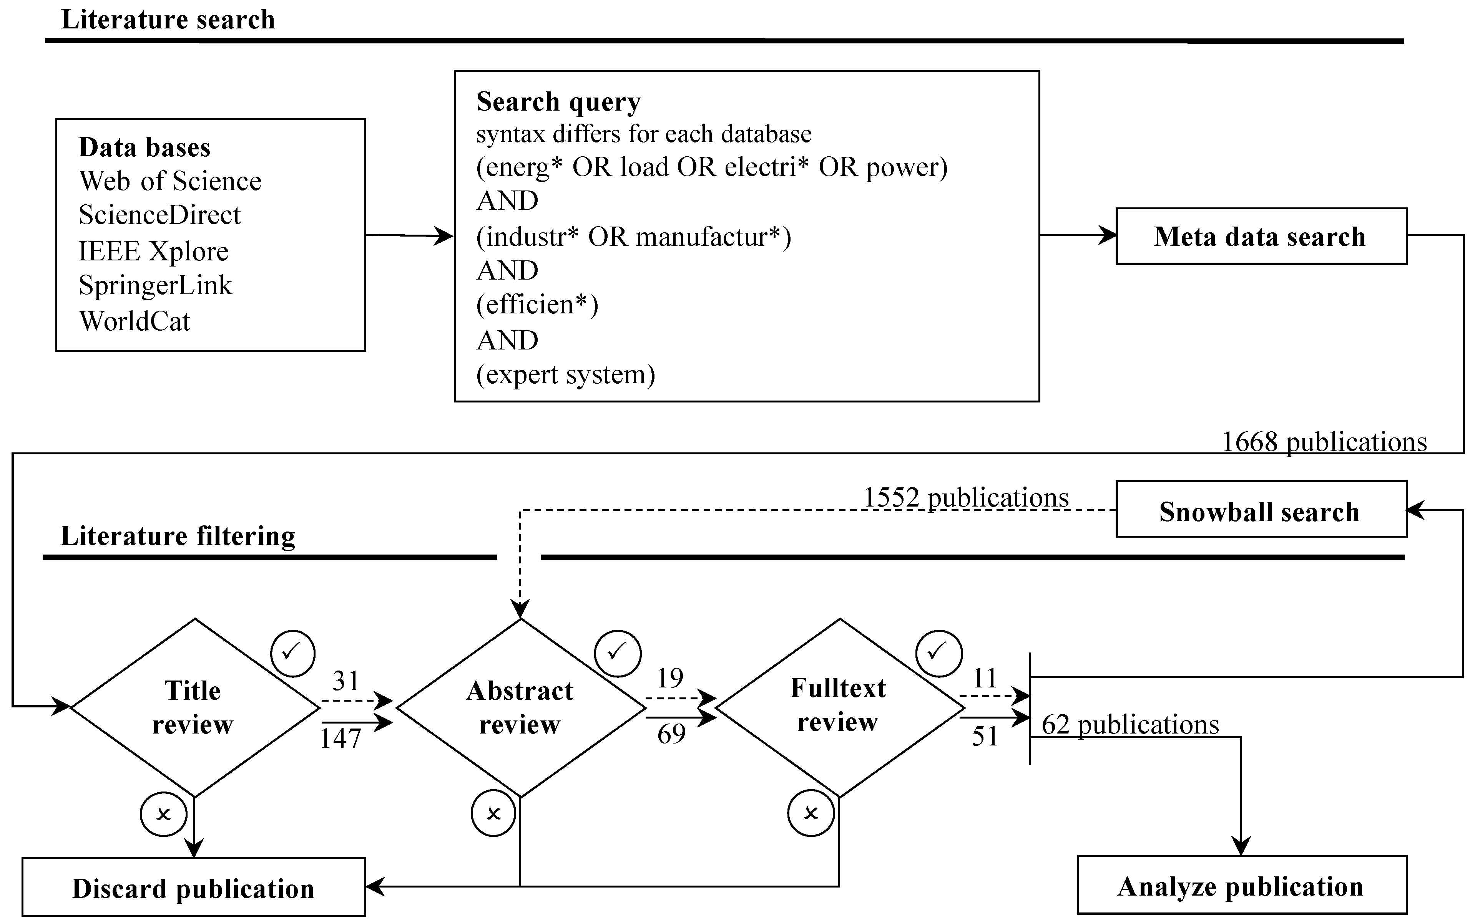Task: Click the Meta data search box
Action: [x=1260, y=237]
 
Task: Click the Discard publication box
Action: [x=193, y=888]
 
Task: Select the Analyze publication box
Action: [x=1241, y=886]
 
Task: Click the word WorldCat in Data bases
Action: [x=135, y=321]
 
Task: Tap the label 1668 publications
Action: [x=1324, y=441]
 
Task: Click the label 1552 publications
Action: [x=966, y=497]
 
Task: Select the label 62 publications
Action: [x=1130, y=724]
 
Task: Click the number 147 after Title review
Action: [x=341, y=738]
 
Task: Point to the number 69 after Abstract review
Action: [x=671, y=734]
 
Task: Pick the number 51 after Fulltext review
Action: [x=985, y=736]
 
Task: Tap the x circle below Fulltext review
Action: [x=811, y=813]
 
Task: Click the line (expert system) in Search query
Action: [x=566, y=374]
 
